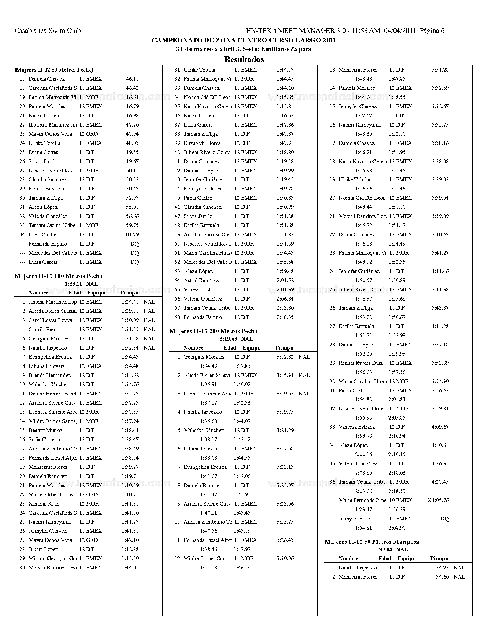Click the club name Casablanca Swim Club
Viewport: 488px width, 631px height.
[47, 31]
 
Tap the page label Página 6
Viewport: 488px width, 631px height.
[432, 31]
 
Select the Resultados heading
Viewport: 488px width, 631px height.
[244, 59]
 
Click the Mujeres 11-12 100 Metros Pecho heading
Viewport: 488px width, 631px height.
[58, 276]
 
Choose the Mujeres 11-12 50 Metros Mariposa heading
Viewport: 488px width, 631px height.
[371, 542]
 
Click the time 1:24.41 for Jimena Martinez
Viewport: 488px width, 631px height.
[130, 302]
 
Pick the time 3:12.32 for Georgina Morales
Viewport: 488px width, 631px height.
[285, 357]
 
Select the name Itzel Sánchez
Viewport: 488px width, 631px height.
[44, 235]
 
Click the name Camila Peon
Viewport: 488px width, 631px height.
[43, 330]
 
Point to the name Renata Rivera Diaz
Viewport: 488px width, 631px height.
[361, 363]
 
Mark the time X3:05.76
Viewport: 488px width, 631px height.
[438, 501]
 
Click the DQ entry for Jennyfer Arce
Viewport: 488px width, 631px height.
[444, 519]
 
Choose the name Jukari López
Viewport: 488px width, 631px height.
[43, 550]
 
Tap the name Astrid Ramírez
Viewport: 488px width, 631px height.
[201, 281]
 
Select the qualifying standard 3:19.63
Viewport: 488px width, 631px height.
[228, 339]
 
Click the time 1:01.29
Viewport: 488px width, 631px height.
[130, 235]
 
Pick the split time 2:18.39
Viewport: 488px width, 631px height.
[397, 491]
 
